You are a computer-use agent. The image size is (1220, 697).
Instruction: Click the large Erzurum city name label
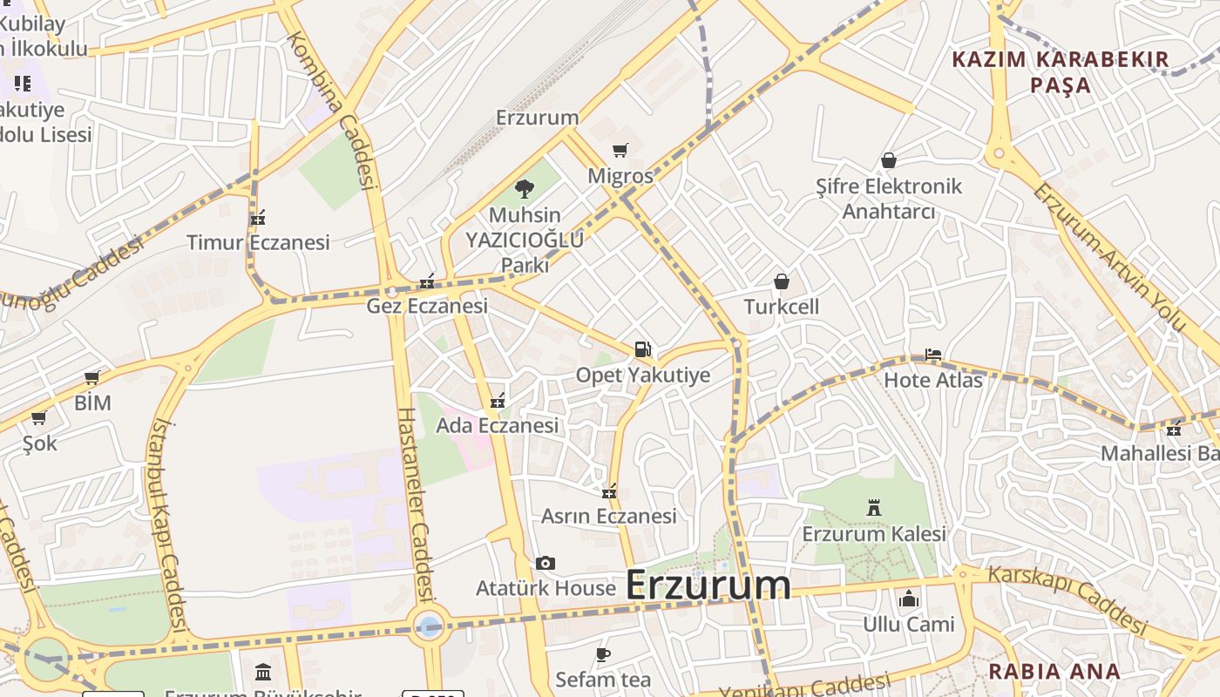pos(708,585)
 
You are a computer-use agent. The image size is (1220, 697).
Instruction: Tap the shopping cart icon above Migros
pos(620,151)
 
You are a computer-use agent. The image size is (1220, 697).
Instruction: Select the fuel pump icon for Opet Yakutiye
pos(642,349)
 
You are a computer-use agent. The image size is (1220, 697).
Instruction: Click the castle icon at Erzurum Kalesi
pos(873,507)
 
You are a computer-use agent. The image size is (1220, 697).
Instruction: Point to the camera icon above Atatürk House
pos(546,563)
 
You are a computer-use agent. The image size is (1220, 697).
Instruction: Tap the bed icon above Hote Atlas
pos(932,355)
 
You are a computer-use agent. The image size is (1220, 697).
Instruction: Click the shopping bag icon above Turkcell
pos(782,281)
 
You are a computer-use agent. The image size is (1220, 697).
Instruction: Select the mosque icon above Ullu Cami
pos(908,599)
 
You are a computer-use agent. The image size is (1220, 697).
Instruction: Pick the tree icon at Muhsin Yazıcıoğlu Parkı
pos(524,188)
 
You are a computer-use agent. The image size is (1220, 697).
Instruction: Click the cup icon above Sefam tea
pos(602,653)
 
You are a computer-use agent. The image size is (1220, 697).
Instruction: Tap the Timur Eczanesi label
pos(258,242)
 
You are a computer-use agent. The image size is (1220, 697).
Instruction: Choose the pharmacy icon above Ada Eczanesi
pos(497,401)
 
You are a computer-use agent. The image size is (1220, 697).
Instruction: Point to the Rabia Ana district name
pos(1054,672)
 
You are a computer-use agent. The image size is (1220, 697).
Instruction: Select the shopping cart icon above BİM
pos(91,377)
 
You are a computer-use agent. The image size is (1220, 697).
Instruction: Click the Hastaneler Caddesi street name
pos(415,504)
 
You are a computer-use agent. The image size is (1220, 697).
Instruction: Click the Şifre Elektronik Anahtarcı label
pos(888,199)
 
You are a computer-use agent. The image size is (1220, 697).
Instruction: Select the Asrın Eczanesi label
pos(608,516)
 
